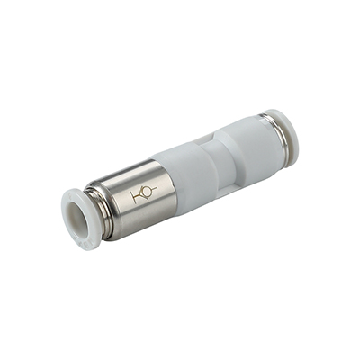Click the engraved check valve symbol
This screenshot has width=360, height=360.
click(143, 193)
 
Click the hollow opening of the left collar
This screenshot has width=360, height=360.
click(82, 211)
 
